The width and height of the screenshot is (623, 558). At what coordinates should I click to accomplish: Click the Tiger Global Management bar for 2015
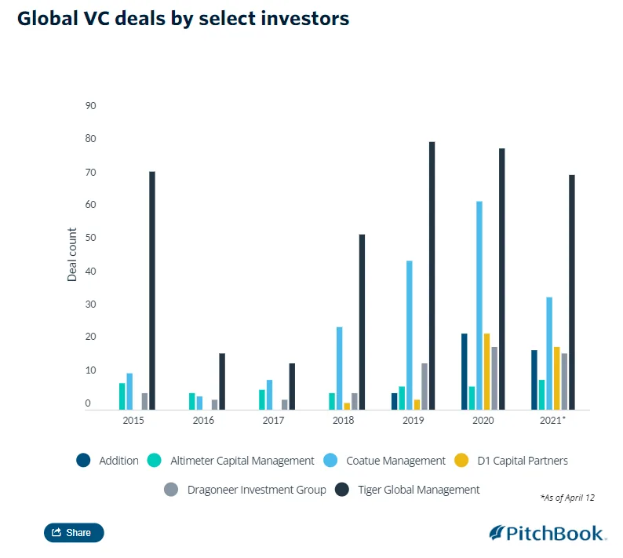(152, 290)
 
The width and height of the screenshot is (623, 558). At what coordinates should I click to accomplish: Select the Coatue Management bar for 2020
(479, 305)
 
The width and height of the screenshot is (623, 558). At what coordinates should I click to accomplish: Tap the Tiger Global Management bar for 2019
(432, 275)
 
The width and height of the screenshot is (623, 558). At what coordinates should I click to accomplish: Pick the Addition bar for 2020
(465, 371)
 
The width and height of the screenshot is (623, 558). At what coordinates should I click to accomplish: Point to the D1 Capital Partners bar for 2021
(557, 377)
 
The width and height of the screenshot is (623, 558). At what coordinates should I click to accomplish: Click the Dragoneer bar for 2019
(424, 386)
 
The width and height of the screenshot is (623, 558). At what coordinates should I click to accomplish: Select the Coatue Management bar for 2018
(340, 368)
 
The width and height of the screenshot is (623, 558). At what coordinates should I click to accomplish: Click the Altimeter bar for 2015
(122, 396)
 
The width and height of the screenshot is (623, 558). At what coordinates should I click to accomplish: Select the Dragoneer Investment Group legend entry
(245, 490)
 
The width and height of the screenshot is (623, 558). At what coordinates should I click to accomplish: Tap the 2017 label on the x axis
(274, 421)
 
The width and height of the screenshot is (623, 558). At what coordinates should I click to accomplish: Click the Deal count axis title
(72, 254)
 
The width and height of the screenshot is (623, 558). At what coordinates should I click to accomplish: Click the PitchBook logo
(548, 533)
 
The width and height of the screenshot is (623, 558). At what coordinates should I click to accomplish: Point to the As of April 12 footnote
(567, 498)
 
